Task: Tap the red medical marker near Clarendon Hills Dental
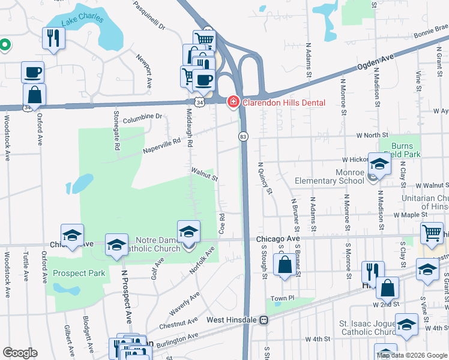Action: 232,103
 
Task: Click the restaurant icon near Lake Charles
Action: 54,39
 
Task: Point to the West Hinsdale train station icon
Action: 263,320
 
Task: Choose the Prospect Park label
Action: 79,273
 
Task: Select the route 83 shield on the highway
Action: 243,137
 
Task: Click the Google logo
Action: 20,353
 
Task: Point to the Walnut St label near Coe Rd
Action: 204,174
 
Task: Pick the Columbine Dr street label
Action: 143,116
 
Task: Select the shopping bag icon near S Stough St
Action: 285,265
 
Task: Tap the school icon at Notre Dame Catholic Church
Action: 188,232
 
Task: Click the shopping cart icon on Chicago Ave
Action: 432,234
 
